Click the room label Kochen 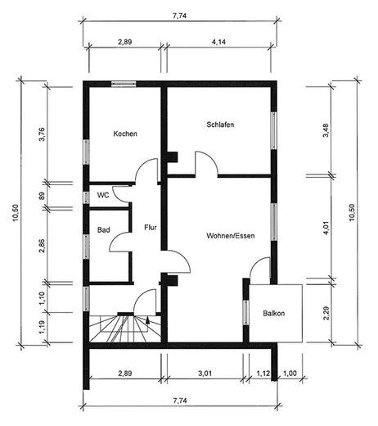click(125, 134)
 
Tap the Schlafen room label click(221, 125)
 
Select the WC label click(103, 195)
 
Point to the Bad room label click(103, 232)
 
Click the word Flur click(151, 227)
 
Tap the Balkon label click(274, 313)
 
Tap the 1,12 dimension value click(263, 374)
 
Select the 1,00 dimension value click(289, 374)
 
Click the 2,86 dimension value click(42, 244)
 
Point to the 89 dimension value click(42, 194)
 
